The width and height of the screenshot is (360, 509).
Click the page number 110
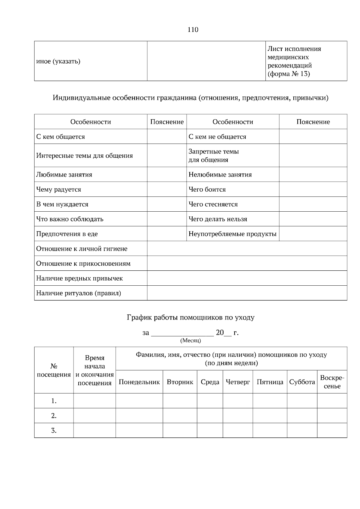pyautogui.click(x=193, y=30)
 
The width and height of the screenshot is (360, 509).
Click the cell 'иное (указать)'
pyautogui.click(x=58, y=62)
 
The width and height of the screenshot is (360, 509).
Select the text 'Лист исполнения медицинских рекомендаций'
pyautogui.click(x=294, y=57)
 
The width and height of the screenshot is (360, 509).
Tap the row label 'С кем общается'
pyautogui.click(x=61, y=137)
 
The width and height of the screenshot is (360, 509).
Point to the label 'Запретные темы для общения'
pyautogui.click(x=214, y=156)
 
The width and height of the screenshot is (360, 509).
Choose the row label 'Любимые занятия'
pyautogui.click(x=64, y=175)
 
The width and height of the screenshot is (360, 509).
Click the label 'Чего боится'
pyautogui.click(x=207, y=189)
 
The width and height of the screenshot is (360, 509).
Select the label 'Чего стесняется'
pyautogui.click(x=213, y=204)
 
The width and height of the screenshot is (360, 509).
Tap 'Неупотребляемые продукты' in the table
pyautogui.click(x=232, y=234)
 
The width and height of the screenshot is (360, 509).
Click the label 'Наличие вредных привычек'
pyautogui.click(x=79, y=278)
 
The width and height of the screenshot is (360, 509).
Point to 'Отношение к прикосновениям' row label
pyautogui.click(x=83, y=264)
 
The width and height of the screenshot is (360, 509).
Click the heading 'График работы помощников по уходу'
pyautogui.click(x=191, y=317)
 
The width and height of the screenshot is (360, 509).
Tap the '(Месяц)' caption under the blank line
pyautogui.click(x=190, y=341)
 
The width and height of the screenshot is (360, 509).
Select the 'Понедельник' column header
pyautogui.click(x=139, y=382)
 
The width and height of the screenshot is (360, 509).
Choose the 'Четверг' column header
pyautogui.click(x=238, y=382)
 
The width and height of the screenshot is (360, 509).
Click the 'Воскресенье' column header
pyautogui.click(x=332, y=382)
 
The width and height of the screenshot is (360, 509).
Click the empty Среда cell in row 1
pyautogui.click(x=210, y=401)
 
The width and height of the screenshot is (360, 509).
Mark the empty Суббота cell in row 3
pyautogui.click(x=302, y=431)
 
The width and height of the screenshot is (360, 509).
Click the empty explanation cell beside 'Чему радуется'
pyautogui.click(x=167, y=189)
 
